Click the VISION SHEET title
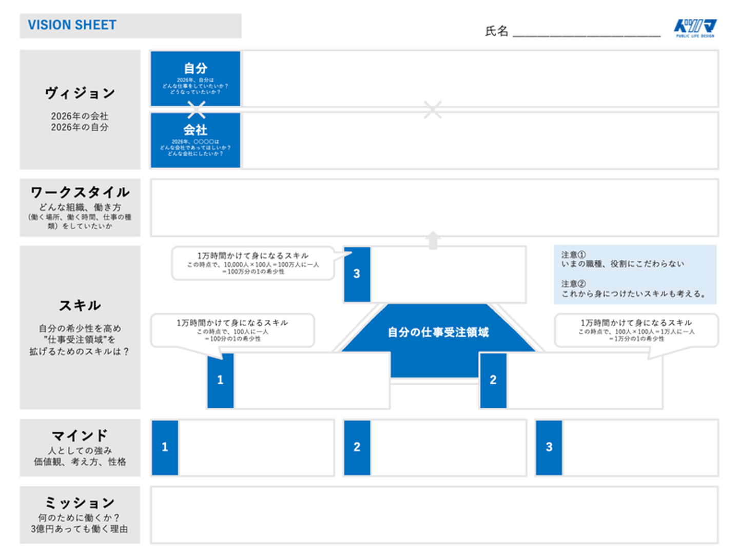click(x=72, y=25)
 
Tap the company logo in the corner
click(x=695, y=28)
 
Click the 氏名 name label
click(x=496, y=31)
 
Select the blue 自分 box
click(x=196, y=78)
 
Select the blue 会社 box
click(x=196, y=140)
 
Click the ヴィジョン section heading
click(x=80, y=93)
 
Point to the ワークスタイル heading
click(x=80, y=192)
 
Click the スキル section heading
click(x=80, y=306)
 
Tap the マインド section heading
click(x=80, y=435)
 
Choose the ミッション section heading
click(x=80, y=503)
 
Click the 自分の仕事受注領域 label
click(x=438, y=332)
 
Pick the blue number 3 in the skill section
click(x=357, y=274)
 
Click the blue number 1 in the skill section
click(x=220, y=380)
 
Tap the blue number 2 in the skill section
click(x=493, y=380)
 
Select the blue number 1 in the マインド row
click(x=165, y=447)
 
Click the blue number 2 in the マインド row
click(x=357, y=447)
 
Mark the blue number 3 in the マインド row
click(x=549, y=447)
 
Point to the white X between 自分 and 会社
click(x=196, y=109)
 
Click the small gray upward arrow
click(x=433, y=240)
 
